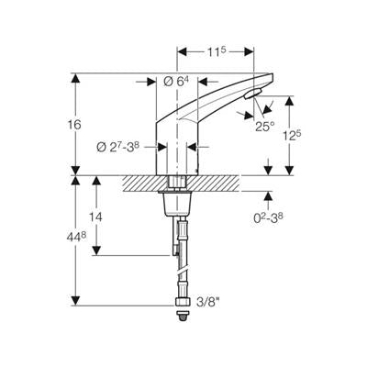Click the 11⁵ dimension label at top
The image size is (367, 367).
[x=217, y=52]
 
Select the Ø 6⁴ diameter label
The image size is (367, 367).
[x=176, y=82]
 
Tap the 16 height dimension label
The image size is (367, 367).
[x=73, y=125]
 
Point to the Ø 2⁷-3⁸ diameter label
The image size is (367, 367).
[x=118, y=147]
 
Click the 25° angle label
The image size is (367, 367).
[x=265, y=126]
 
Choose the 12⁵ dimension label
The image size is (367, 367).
[x=292, y=136]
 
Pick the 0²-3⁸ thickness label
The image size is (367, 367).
[x=268, y=217]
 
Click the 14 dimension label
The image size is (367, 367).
[x=95, y=217]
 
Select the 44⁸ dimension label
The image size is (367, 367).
[x=76, y=237]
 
